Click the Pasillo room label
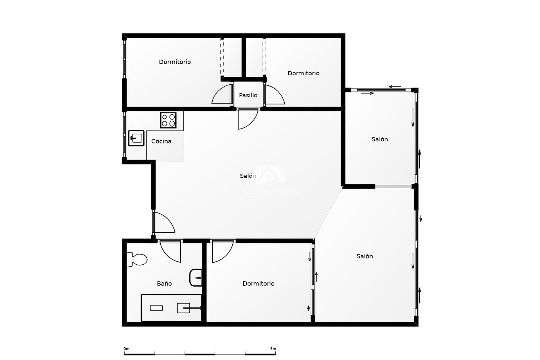coord(248,95)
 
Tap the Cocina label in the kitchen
coord(161,141)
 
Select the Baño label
coord(164,283)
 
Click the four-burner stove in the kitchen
coord(168,120)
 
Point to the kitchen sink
coord(136,138)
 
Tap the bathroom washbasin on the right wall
coord(196,278)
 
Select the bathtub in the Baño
coord(171,308)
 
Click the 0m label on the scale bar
coord(126,349)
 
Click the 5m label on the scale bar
coord(273,349)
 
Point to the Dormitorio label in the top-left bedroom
coord(175,62)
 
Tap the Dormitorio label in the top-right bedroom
coord(303,73)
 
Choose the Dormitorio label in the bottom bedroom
coord(258,283)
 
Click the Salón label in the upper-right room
coord(380,139)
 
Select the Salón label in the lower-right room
coord(364,256)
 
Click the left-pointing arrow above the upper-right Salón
coord(395,87)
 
